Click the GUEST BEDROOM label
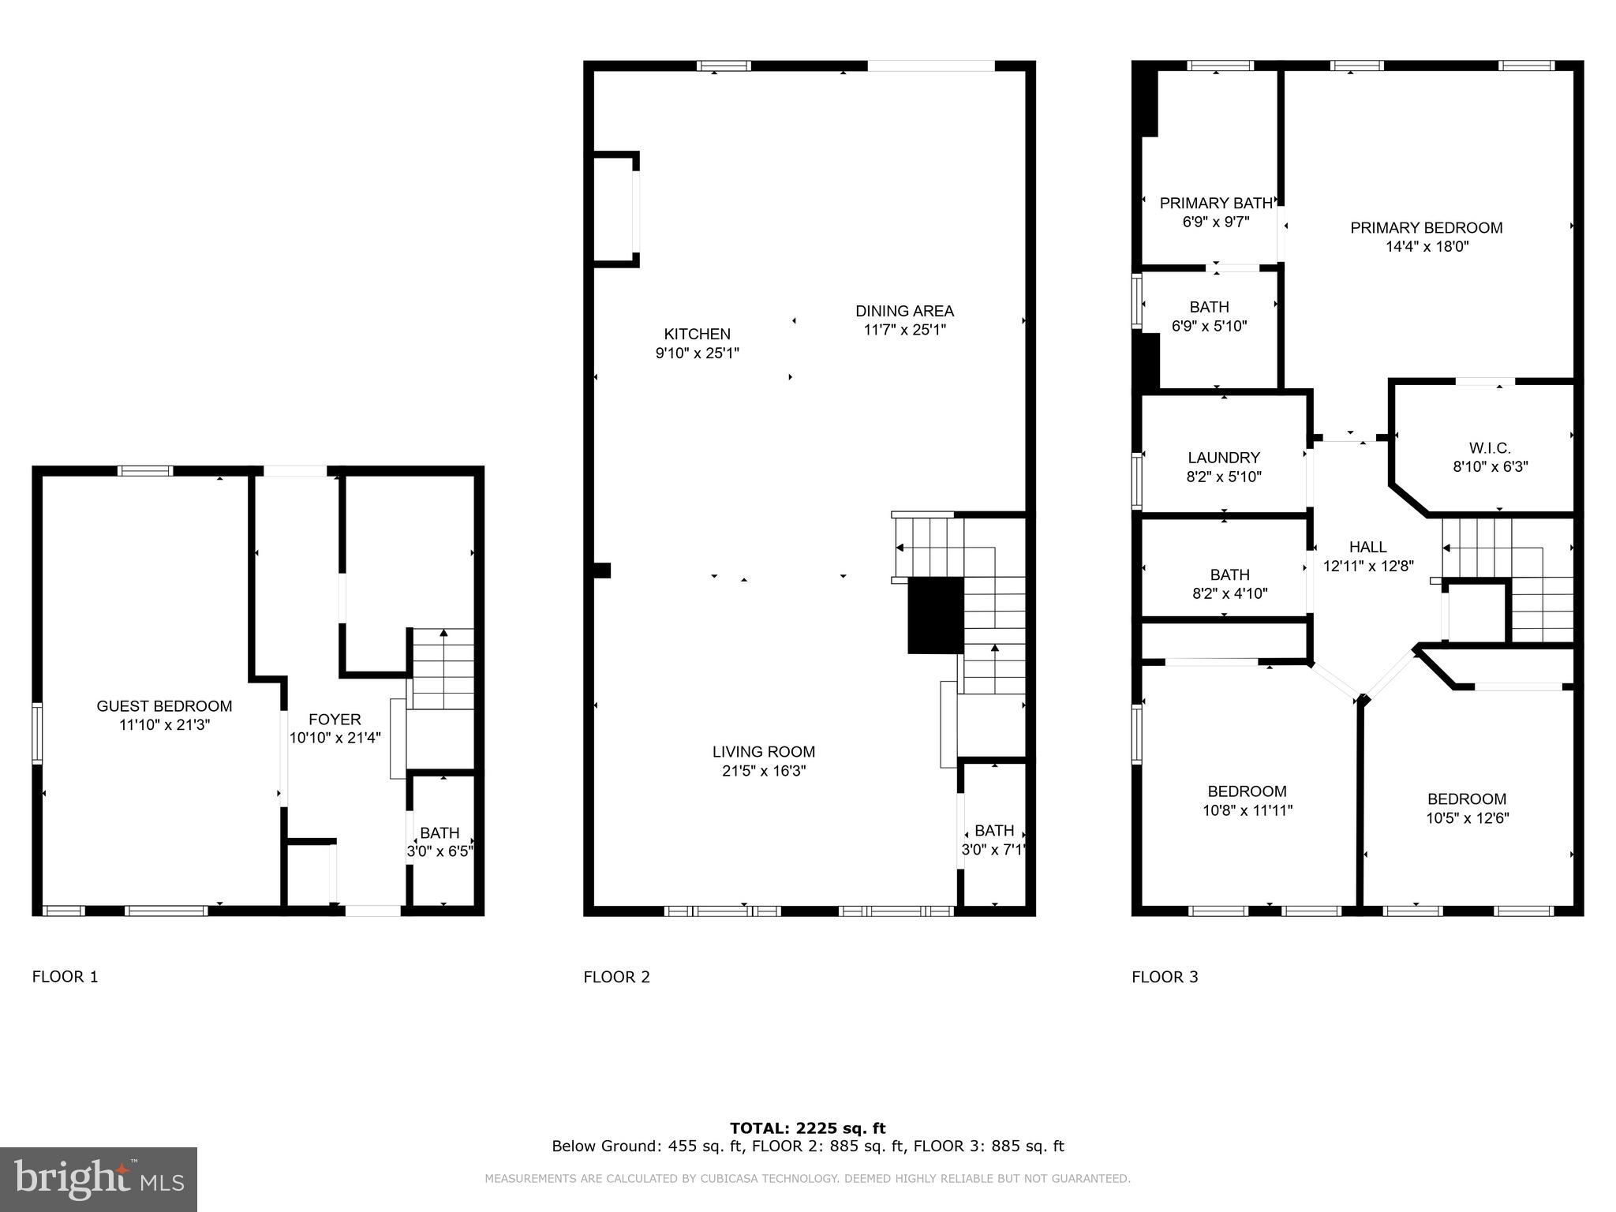point(164,706)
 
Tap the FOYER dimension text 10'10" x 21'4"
point(335,738)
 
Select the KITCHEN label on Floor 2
point(697,334)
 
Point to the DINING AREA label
point(904,311)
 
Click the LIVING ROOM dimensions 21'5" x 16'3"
point(763,771)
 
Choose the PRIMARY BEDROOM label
point(1426,228)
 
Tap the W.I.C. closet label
point(1490,448)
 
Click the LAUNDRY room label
point(1223,458)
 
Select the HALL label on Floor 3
point(1367,547)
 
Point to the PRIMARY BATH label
point(1215,204)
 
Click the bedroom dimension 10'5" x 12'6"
point(1467,818)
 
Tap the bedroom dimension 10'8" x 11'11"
point(1247,810)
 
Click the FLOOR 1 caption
point(65,977)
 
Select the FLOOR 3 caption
point(1164,977)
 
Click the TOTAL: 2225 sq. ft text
point(807,1128)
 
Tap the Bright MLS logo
point(99,1179)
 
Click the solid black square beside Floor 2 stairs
point(935,615)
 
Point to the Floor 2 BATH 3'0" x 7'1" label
point(993,831)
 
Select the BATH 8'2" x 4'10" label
point(1229,575)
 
